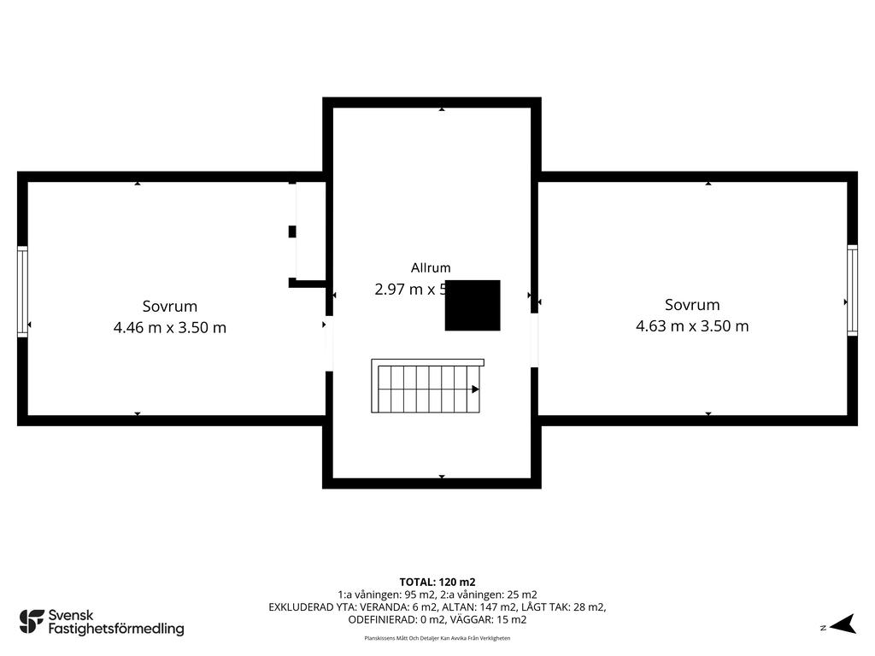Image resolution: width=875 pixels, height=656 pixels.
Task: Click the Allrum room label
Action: point(430,267)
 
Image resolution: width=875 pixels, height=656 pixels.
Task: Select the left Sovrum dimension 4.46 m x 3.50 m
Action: point(170,327)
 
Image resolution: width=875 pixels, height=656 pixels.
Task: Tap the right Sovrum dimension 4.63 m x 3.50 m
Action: point(692,325)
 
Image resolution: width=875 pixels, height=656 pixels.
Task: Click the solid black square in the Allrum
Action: point(473,305)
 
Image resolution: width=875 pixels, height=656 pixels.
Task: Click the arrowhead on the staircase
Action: point(475,389)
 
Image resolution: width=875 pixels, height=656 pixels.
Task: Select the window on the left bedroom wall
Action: point(23,291)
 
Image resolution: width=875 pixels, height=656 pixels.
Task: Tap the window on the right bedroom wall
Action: point(852,290)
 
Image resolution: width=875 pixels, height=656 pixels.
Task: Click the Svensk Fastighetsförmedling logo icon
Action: point(32,621)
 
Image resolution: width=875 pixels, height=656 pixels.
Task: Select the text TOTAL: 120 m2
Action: point(437,582)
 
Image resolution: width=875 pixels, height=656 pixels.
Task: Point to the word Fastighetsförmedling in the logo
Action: point(116,630)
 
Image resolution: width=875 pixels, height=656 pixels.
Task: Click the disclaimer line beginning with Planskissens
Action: point(437,638)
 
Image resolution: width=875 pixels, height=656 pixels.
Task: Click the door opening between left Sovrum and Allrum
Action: point(328,343)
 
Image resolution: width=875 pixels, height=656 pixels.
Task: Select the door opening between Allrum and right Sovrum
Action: point(534,339)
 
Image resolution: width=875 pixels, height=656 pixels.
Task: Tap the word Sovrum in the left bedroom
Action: point(170,306)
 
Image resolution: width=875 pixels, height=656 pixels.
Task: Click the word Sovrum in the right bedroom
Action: point(692,304)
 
